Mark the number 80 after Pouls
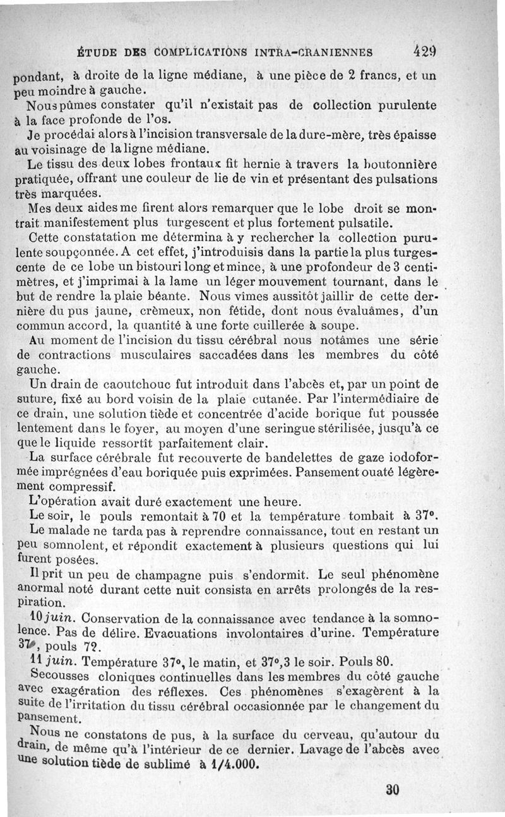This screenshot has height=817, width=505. pyautogui.click(x=386, y=662)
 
